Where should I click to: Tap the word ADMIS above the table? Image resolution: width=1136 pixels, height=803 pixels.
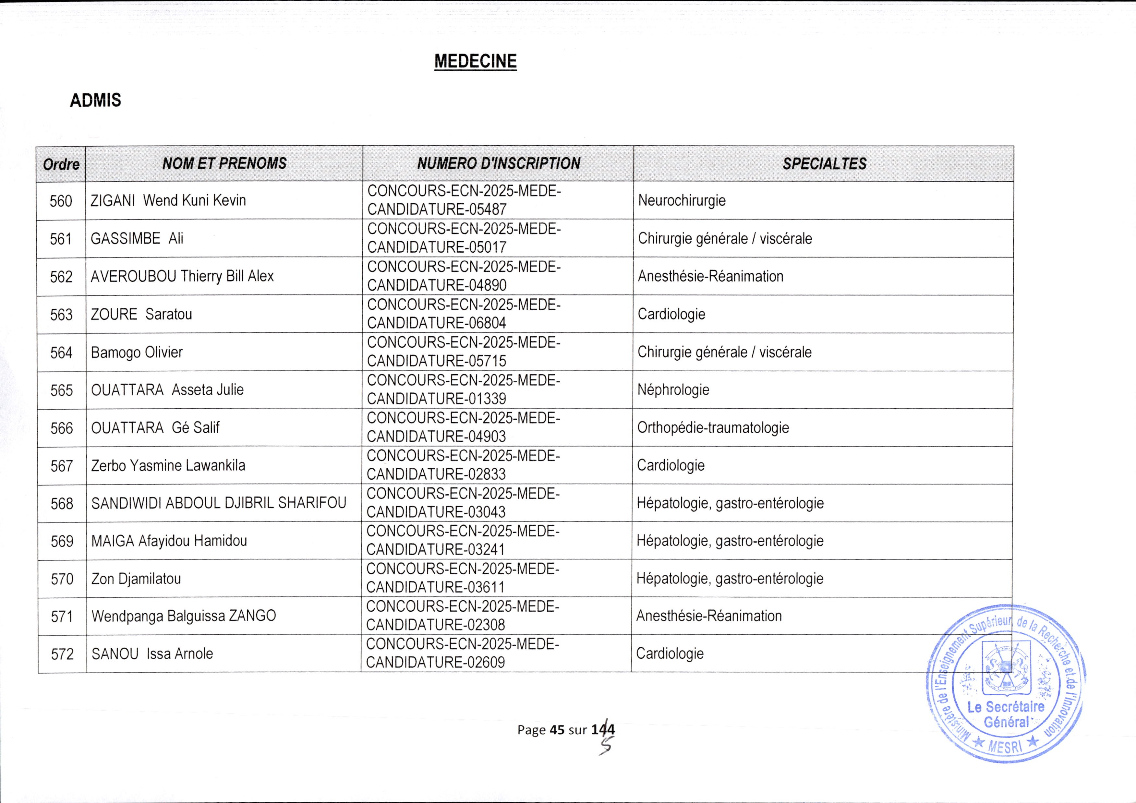(95, 101)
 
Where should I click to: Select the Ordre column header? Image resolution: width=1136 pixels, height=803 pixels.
(61, 164)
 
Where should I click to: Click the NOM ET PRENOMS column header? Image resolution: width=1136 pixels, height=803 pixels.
(224, 163)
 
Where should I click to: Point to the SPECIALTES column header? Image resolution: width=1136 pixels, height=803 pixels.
(824, 164)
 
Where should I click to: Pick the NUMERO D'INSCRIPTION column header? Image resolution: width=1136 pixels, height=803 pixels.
(498, 163)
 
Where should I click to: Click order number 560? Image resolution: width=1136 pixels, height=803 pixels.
(61, 201)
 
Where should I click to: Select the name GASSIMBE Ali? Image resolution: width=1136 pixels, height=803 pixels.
(137, 238)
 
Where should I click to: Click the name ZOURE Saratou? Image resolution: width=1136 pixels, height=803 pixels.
(141, 314)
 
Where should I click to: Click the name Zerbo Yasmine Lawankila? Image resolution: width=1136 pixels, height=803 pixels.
(168, 466)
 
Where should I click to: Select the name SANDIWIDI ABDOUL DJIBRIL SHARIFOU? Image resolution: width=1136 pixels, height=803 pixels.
(219, 503)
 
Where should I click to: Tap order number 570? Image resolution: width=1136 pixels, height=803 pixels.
(62, 579)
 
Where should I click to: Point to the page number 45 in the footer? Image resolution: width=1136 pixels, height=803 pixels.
(557, 730)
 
